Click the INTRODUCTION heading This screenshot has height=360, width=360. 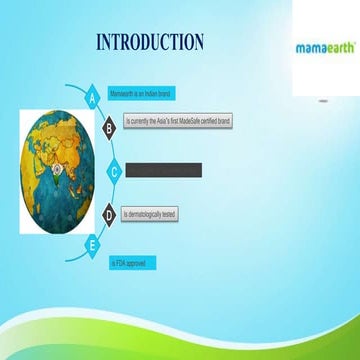(150, 42)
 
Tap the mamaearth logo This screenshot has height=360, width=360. (324, 47)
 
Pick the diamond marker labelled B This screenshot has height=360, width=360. (109, 127)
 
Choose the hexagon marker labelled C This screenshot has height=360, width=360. (115, 172)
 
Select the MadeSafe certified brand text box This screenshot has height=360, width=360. (178, 120)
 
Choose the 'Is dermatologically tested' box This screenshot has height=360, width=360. (150, 215)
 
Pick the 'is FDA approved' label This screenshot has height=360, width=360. (133, 262)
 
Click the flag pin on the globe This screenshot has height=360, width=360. (58, 159)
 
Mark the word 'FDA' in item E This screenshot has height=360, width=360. (125, 262)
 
